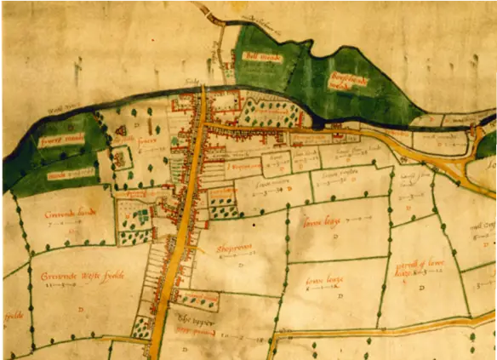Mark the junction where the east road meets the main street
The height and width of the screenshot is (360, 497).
point(203,126)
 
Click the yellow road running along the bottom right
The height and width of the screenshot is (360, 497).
point(383,326)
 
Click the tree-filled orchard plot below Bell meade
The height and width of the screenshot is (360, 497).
point(271,111)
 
